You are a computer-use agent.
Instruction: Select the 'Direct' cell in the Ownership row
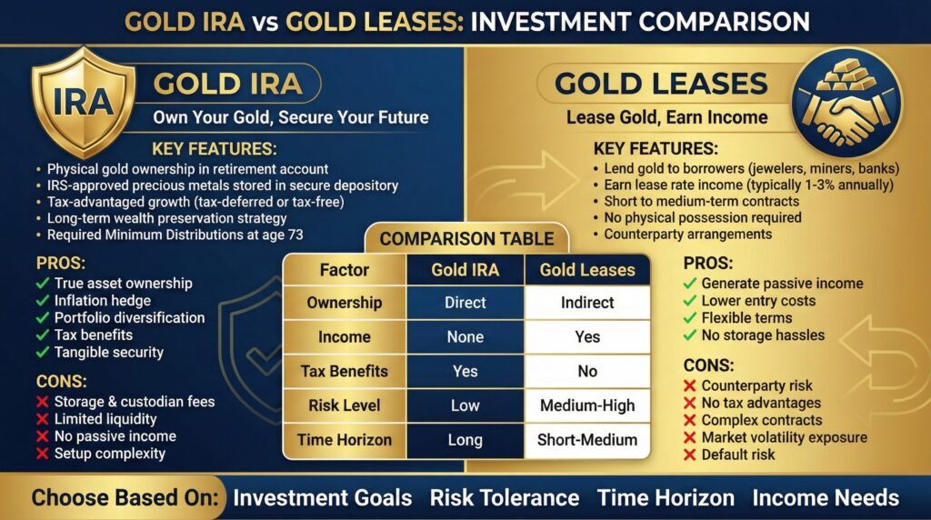pos(465,302)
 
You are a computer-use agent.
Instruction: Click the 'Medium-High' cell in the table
pos(587,405)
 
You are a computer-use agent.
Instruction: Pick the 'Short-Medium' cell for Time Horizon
pos(587,440)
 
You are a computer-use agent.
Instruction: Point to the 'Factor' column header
pos(344,270)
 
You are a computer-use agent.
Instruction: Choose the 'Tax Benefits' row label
pos(344,371)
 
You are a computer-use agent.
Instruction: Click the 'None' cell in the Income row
pos(465,336)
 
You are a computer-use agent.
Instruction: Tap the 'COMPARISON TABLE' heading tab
pos(466,239)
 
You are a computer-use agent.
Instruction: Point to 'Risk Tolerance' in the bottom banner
pos(504,497)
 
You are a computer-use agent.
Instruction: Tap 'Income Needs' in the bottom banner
pos(826,497)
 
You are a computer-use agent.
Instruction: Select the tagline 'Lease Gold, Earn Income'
pos(666,117)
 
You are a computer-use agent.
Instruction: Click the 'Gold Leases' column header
pos(587,270)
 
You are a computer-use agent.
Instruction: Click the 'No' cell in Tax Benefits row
pos(587,371)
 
